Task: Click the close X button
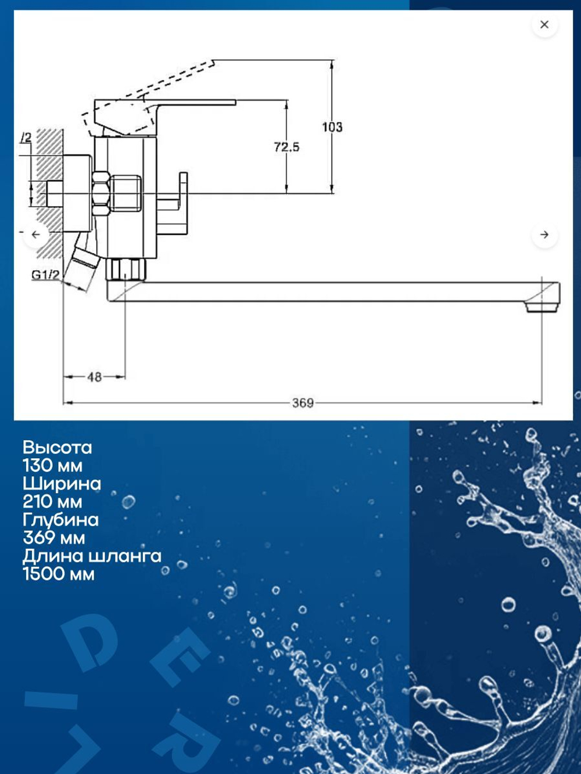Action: point(544,24)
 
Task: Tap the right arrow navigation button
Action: point(544,235)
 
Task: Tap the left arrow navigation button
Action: point(36,235)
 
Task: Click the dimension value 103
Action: point(332,127)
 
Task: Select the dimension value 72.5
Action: point(286,147)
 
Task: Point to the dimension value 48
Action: point(94,377)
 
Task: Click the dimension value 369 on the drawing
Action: point(303,403)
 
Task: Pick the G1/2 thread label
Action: point(45,275)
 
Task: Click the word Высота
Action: point(57,448)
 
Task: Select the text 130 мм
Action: point(52,466)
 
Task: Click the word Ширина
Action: point(62,484)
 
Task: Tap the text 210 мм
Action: point(52,502)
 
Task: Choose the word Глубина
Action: point(60,520)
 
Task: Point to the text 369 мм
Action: point(53,538)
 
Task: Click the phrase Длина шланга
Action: point(92,556)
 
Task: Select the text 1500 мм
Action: point(58,574)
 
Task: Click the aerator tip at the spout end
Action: point(540,307)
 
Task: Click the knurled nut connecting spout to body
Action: point(126,269)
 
